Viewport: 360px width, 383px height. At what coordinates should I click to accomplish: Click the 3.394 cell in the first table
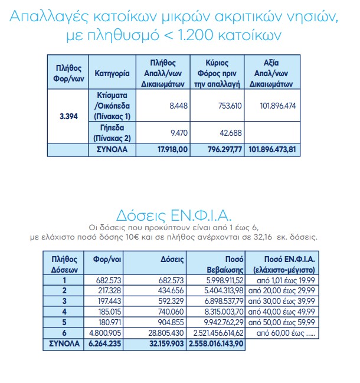68,116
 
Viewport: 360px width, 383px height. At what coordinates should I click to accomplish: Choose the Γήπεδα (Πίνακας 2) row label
112,132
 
